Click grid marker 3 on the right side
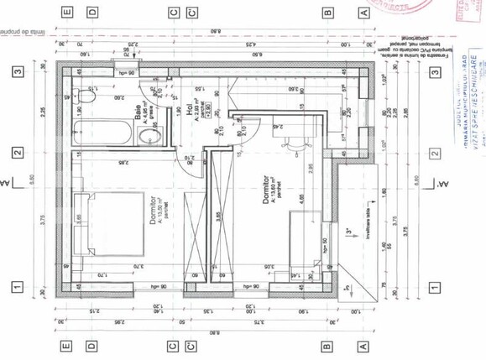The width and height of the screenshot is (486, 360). pos(434,72)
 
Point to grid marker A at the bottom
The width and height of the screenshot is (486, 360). pos(364,345)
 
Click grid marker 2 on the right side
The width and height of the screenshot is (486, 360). pos(434,154)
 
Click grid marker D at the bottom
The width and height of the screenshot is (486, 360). pos(91,345)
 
